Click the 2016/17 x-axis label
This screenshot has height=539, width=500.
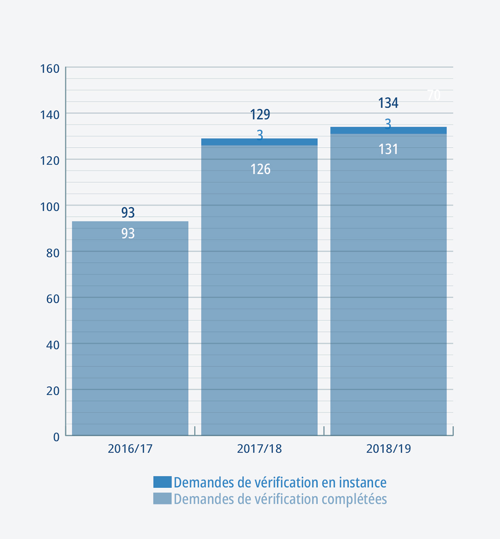130,449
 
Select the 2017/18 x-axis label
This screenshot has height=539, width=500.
259,449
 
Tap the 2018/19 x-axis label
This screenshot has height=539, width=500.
388,449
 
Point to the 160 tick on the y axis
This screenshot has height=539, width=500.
50,69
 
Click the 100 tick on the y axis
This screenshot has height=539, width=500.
50,207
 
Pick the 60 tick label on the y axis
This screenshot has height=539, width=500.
53,299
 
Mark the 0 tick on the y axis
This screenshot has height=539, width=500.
56,437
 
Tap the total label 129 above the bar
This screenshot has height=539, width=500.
260,114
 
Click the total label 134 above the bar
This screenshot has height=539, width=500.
388,103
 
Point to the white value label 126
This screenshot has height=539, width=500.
260,169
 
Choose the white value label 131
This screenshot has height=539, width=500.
388,149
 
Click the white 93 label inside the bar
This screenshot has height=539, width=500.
128,234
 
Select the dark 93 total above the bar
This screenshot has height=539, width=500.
128,213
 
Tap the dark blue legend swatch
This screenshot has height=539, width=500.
162,482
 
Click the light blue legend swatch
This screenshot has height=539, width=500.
162,499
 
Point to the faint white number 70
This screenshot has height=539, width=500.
434,95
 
